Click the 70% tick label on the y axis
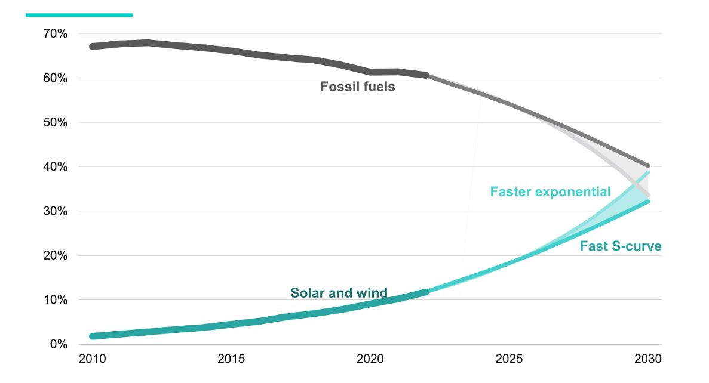[x=55, y=34]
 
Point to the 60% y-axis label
[x=55, y=78]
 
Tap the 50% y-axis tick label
[x=55, y=123]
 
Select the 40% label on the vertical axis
[x=55, y=167]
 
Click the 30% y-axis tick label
[x=55, y=211]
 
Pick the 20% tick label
[x=55, y=256]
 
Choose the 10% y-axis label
[x=55, y=300]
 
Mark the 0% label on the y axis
[x=58, y=344]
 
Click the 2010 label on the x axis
[x=92, y=359]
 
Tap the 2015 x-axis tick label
[x=231, y=359]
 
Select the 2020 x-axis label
[x=370, y=359]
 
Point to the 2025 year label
[x=510, y=359]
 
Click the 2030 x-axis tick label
[x=648, y=359]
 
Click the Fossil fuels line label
[x=358, y=87]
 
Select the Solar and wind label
[x=339, y=293]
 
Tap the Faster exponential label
[x=550, y=191]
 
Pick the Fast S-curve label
[x=621, y=246]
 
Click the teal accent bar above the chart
[x=79, y=15]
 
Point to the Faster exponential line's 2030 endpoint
[x=648, y=172]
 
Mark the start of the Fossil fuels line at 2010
[x=92, y=46]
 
